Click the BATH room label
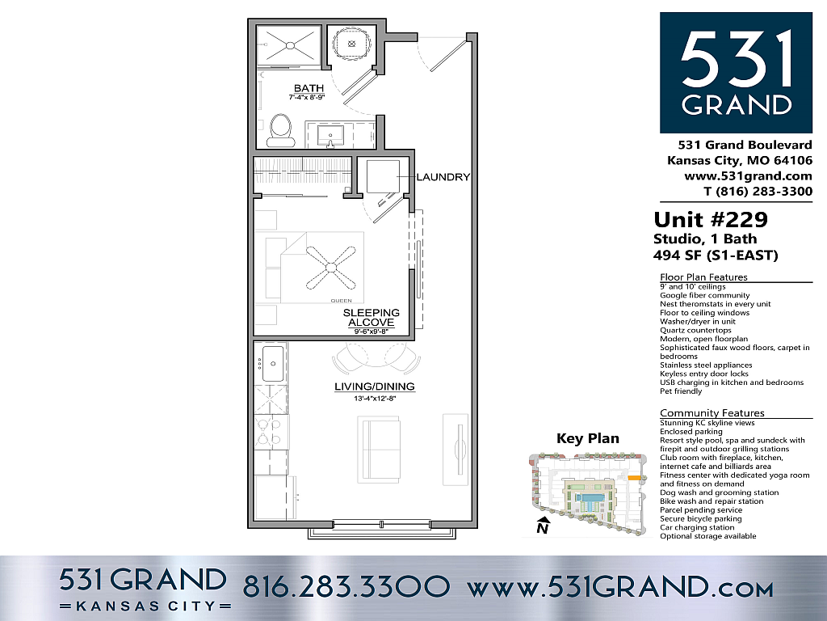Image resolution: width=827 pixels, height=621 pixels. [309, 88]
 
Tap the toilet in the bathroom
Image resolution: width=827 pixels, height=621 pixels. [281, 129]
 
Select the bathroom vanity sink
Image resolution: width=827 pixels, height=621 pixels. [330, 134]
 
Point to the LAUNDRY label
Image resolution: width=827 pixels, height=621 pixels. [443, 177]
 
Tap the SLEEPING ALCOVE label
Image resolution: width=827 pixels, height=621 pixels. [371, 317]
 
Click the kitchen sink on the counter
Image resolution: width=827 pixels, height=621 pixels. [272, 361]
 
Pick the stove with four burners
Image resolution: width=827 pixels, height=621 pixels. [271, 432]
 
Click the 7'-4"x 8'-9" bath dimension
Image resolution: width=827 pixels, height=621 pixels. [309, 97]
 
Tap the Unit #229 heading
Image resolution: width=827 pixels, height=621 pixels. [710, 219]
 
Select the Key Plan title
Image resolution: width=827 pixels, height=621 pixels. [588, 439]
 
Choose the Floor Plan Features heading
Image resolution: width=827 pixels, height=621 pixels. [704, 277]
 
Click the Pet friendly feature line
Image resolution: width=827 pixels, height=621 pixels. [681, 391]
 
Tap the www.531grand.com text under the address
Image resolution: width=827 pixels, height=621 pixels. [748, 175]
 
